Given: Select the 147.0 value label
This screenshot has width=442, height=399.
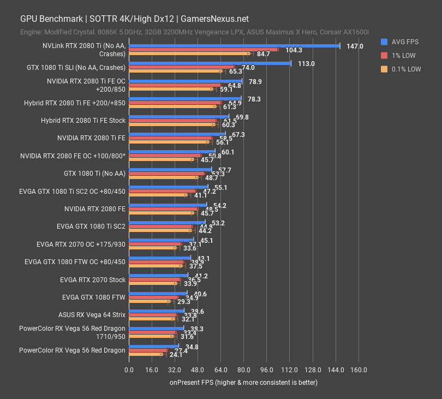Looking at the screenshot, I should pyautogui.click(x=355, y=46).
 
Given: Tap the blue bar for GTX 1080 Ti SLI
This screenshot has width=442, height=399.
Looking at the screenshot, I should pyautogui.click(x=210, y=63).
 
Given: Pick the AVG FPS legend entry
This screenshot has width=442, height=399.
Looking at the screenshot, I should pyautogui.click(x=401, y=41).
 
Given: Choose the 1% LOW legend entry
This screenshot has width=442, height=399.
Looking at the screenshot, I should pyautogui.click(x=401, y=55).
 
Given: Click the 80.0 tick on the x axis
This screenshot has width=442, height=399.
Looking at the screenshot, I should pyautogui.click(x=243, y=370).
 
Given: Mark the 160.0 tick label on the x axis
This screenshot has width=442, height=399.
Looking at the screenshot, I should pyautogui.click(x=358, y=370).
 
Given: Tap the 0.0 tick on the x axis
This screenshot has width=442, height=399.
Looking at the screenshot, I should pyautogui.click(x=129, y=370).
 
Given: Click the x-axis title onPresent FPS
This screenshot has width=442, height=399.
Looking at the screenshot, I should pyautogui.click(x=243, y=382).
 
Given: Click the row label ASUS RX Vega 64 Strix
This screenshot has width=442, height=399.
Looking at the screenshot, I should pyautogui.click(x=92, y=315).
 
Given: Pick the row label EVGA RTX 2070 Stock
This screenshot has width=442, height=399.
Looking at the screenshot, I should pyautogui.click(x=93, y=280).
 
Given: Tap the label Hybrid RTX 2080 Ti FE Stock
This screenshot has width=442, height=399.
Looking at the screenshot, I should pyautogui.click(x=83, y=121).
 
